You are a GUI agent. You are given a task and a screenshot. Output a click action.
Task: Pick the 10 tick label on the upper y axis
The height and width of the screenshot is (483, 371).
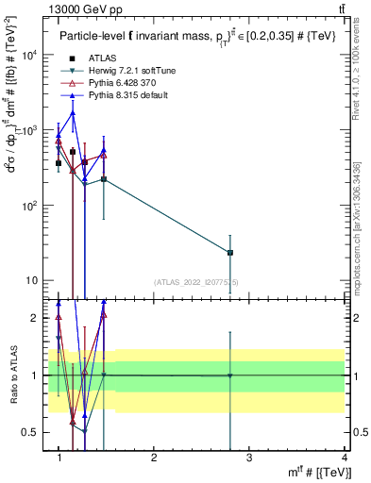click(32, 280)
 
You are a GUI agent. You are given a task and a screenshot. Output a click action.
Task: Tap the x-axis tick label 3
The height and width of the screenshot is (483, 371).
click(248, 458)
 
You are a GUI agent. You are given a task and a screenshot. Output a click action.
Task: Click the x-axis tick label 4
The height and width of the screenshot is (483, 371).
click(344, 458)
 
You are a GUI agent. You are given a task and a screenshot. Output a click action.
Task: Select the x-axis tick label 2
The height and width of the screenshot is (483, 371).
click(154, 458)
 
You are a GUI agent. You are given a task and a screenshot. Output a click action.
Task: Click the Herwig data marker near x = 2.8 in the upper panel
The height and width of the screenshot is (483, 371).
click(230, 253)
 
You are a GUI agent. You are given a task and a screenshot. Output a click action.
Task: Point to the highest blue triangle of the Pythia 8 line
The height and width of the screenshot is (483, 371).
click(73, 113)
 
